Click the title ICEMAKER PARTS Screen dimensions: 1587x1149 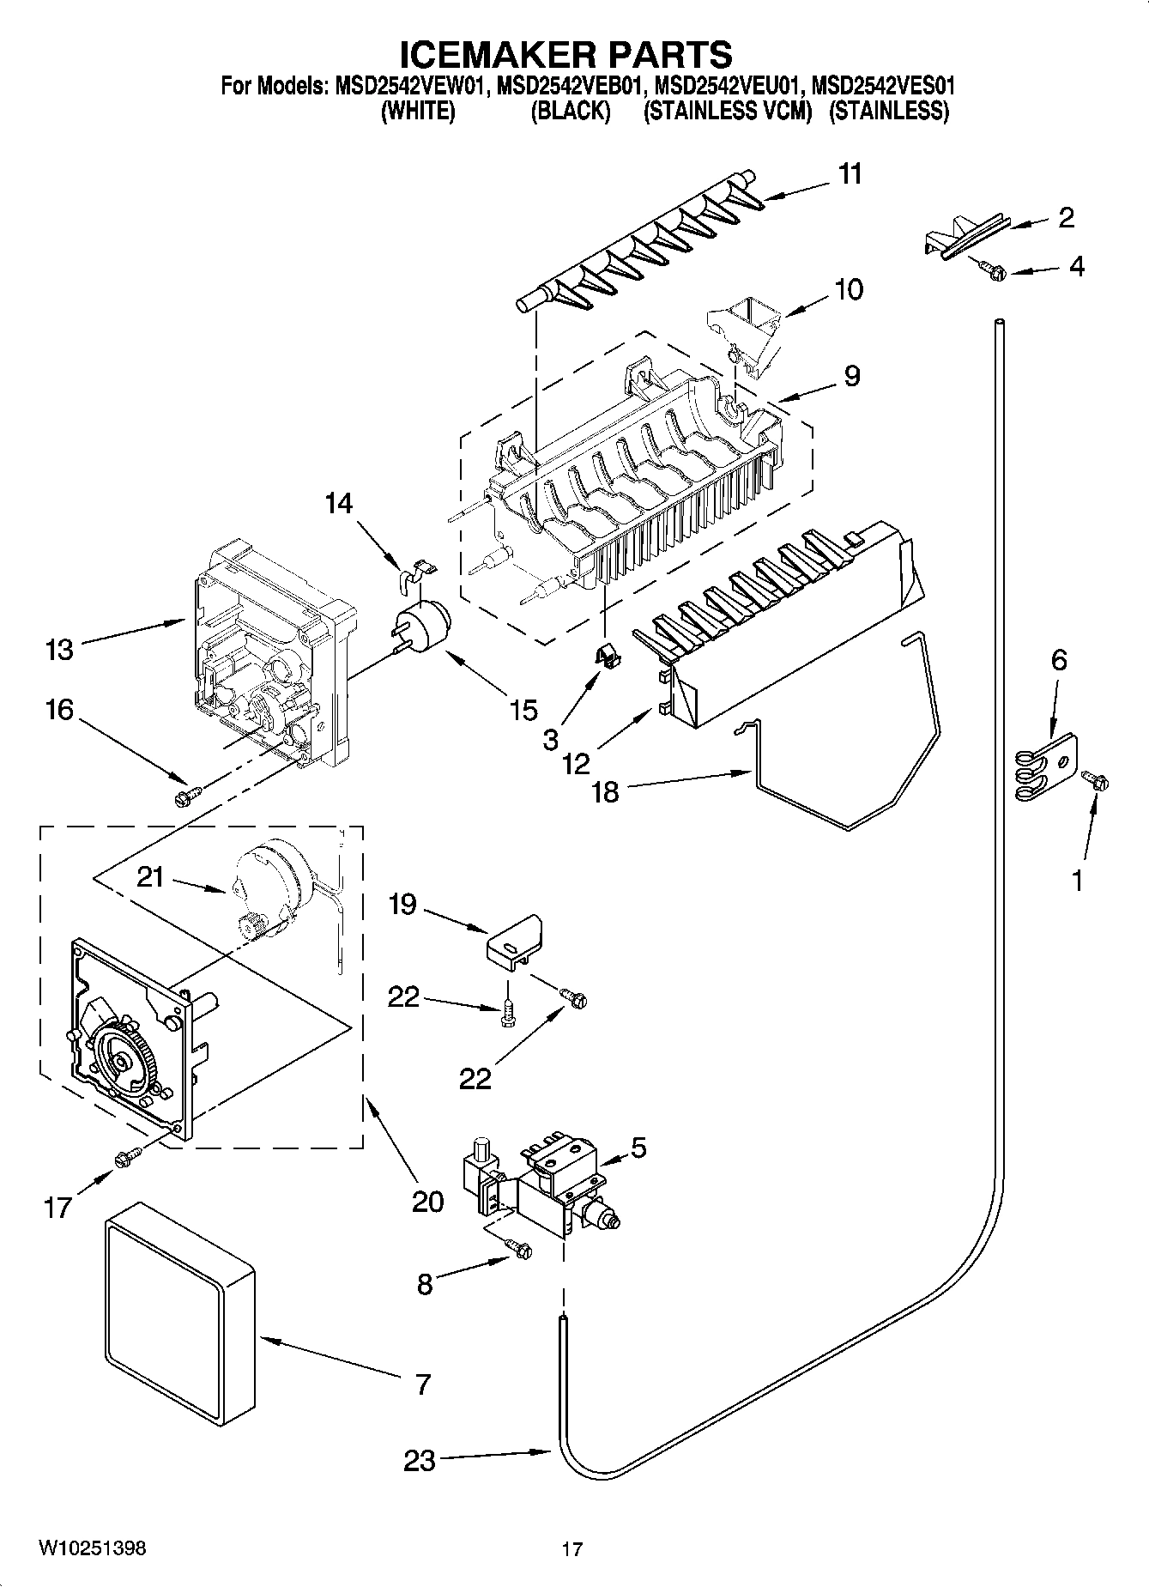click(x=566, y=54)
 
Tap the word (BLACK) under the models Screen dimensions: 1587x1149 click(x=571, y=112)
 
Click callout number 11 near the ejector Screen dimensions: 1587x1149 click(x=850, y=174)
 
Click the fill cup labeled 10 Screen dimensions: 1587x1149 click(x=745, y=330)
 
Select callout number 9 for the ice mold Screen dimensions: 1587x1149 click(x=851, y=376)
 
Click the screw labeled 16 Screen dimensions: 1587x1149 click(x=184, y=798)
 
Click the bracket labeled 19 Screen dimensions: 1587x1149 click(x=516, y=940)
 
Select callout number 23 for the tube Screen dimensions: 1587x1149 click(x=420, y=1460)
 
